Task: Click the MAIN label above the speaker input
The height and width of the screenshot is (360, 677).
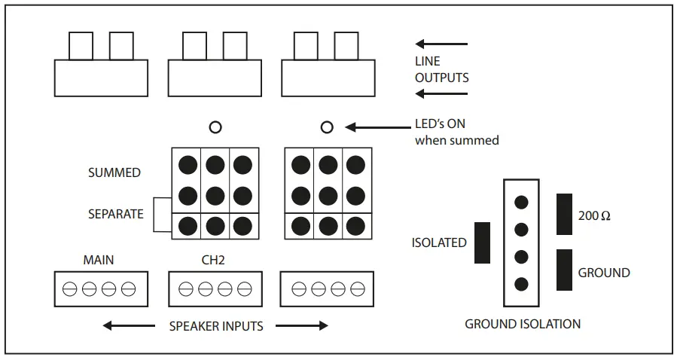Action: click(x=98, y=260)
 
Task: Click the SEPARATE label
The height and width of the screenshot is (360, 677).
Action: click(x=115, y=214)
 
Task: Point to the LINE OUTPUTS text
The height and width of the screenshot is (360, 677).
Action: click(x=442, y=69)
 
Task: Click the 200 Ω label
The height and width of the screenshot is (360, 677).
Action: click(x=595, y=215)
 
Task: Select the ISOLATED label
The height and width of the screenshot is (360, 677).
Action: click(x=439, y=243)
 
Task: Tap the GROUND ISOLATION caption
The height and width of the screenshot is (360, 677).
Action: click(x=523, y=324)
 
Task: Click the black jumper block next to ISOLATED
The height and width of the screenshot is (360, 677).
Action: click(x=482, y=243)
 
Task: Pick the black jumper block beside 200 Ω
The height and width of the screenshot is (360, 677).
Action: click(x=564, y=214)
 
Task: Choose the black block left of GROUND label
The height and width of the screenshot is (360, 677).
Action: click(x=564, y=270)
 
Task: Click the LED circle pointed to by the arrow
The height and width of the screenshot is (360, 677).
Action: click(x=327, y=127)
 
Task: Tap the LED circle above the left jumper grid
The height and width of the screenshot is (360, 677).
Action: click(x=215, y=127)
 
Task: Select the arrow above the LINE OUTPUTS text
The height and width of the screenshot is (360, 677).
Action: click(x=442, y=44)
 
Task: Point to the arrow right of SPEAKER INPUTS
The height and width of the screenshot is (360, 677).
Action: click(x=302, y=326)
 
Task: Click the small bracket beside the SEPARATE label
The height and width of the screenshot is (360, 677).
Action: click(x=161, y=215)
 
